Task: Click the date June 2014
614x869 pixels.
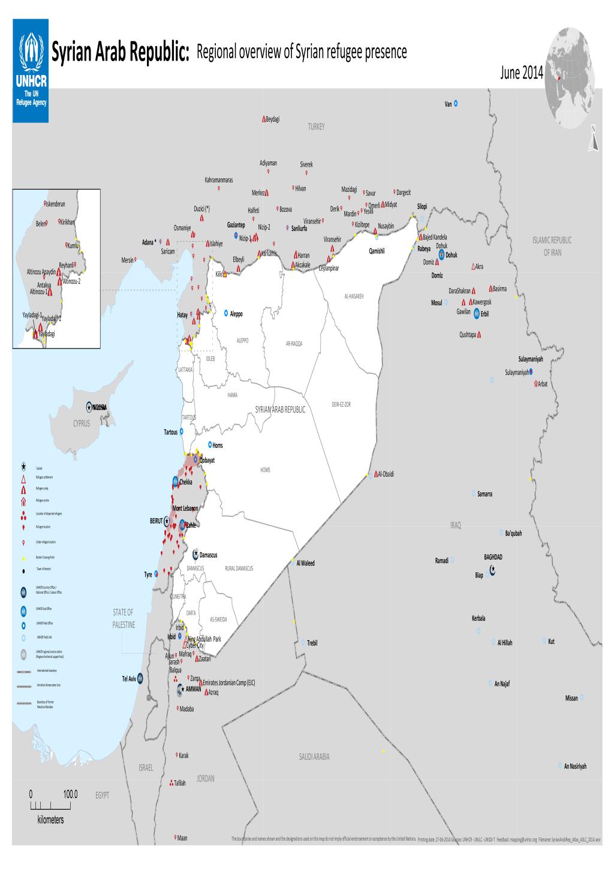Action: (x=520, y=74)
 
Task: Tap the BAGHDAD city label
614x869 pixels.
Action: (x=493, y=557)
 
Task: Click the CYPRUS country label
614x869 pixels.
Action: (x=81, y=423)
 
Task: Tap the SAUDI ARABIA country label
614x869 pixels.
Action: (x=314, y=757)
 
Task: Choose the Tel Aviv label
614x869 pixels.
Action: (x=129, y=679)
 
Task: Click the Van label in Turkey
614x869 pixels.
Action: (x=448, y=104)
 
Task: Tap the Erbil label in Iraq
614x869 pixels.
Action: (x=485, y=314)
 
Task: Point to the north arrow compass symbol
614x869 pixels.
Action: (x=593, y=137)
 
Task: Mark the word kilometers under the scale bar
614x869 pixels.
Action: (x=50, y=819)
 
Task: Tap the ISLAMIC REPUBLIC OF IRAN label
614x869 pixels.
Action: (x=552, y=246)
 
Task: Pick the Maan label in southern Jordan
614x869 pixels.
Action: (x=182, y=838)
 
